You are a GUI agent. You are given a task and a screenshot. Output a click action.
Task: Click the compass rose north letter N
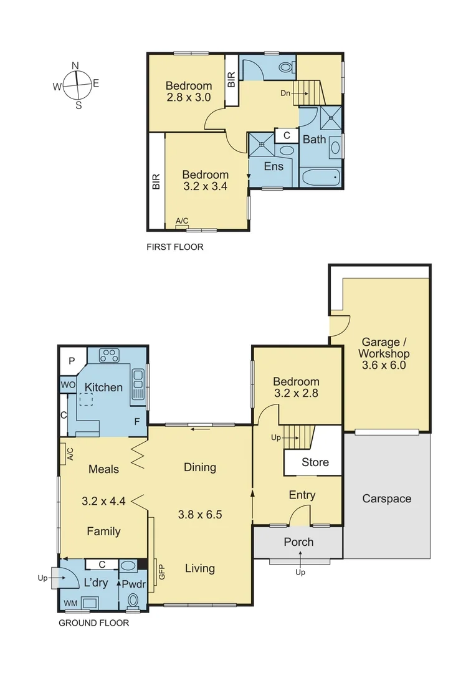click(75, 65)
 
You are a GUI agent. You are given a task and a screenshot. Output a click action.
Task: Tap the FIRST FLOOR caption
click(175, 247)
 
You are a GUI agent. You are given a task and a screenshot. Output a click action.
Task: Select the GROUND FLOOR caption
click(93, 623)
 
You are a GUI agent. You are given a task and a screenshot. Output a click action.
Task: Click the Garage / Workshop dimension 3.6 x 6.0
click(384, 365)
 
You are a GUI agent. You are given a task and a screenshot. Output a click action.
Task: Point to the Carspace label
click(386, 499)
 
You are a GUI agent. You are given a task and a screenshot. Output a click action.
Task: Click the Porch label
click(298, 542)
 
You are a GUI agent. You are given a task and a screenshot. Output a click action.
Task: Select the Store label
click(315, 462)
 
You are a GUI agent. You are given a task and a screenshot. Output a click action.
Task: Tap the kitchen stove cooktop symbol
click(110, 355)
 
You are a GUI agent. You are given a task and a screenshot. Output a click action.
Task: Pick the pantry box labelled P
click(72, 361)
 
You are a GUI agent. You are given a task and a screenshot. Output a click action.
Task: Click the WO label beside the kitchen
click(67, 386)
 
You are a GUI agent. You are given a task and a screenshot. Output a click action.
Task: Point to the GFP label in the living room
click(161, 572)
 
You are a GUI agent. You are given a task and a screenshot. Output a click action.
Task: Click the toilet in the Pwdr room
click(133, 600)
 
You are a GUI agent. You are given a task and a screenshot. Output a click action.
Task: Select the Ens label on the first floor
click(274, 166)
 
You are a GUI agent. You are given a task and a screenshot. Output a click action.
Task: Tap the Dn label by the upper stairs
click(285, 93)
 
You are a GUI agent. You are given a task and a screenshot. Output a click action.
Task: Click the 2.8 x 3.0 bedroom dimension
click(188, 97)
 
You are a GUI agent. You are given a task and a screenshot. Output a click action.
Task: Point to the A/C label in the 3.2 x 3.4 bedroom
click(182, 221)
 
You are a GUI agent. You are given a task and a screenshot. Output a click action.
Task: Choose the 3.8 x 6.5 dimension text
click(199, 515)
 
